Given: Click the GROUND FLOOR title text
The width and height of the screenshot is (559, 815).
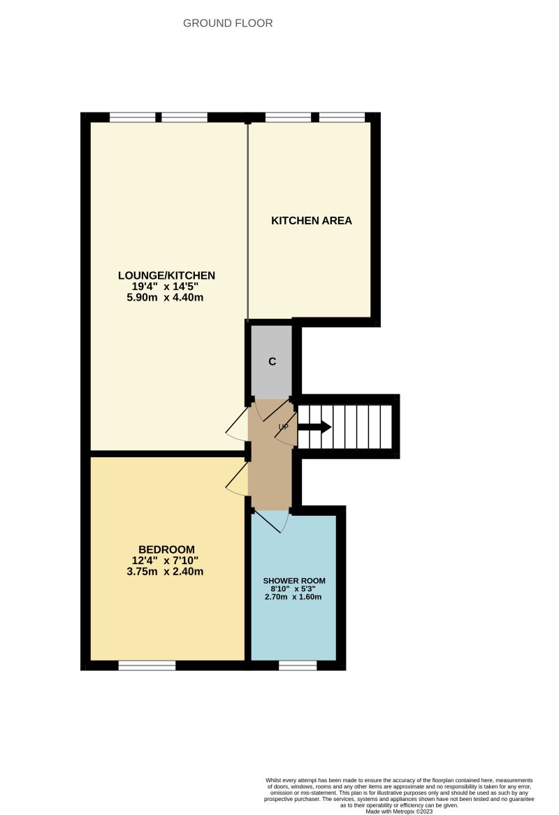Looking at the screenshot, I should coord(228,23).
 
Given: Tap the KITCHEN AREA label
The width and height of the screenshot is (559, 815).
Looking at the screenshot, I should coord(311,221).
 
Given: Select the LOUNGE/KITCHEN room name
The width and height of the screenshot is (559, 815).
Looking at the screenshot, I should coord(166,275).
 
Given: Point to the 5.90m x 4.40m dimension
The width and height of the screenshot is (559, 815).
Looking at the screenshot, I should coord(166,298).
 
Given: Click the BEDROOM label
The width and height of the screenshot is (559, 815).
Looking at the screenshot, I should coord(166,549).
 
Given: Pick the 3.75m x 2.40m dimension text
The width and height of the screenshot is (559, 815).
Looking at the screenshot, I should coord(166,572).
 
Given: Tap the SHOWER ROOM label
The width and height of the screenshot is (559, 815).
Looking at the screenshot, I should coord(294,581).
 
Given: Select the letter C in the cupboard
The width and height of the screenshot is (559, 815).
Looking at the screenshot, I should coord(273,362).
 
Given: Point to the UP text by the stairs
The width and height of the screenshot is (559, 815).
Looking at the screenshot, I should coord(284,426).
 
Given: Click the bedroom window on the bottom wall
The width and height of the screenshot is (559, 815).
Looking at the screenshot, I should coord(147,665).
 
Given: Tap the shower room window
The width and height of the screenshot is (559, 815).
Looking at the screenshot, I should coord(293,665).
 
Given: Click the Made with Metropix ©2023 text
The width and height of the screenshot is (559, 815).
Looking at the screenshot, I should coord(399,812).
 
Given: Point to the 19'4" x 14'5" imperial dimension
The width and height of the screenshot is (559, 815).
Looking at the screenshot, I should coord(166,287).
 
